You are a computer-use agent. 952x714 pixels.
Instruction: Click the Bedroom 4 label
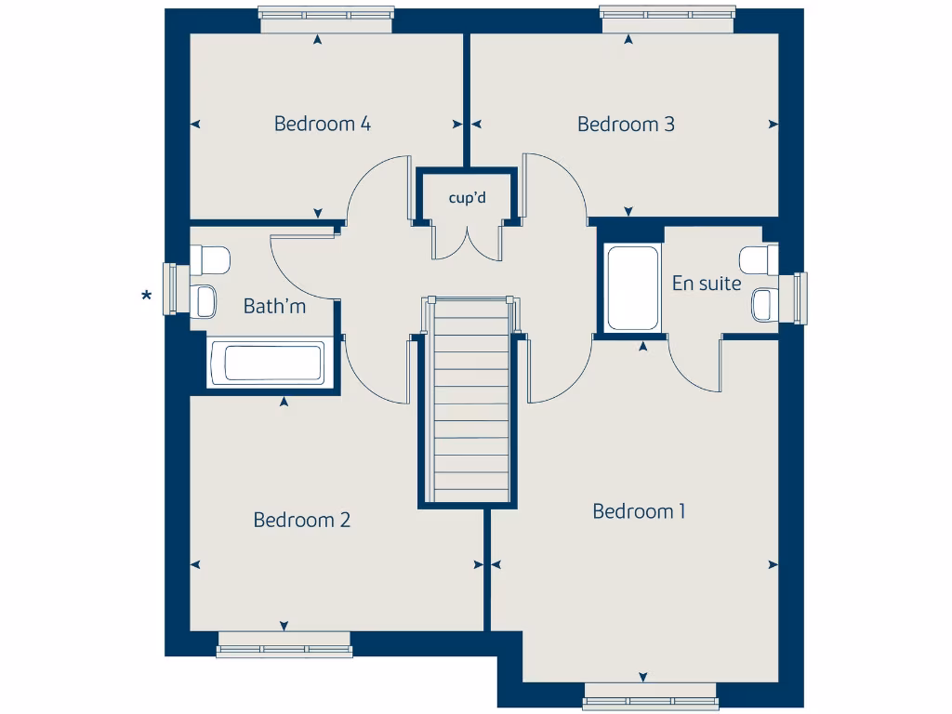[x=323, y=124]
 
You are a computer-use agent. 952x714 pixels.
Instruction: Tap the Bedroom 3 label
[x=626, y=124]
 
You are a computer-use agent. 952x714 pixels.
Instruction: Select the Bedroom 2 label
[x=301, y=520]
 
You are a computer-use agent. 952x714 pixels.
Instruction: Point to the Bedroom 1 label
[x=639, y=511]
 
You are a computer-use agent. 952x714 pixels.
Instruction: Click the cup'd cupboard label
[x=467, y=197]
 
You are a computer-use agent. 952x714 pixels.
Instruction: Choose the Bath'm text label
[x=274, y=306]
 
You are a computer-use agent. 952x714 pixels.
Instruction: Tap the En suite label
[x=707, y=284]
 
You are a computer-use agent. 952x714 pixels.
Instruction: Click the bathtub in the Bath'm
[x=266, y=363]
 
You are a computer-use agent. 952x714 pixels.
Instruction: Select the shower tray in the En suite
[x=633, y=287]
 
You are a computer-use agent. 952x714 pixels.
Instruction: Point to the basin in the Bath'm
[x=205, y=300]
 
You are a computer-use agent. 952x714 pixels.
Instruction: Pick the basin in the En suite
[x=764, y=303]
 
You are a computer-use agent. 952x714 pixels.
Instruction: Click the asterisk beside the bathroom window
[x=146, y=297]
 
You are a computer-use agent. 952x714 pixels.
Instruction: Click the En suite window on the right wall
[x=800, y=297]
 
